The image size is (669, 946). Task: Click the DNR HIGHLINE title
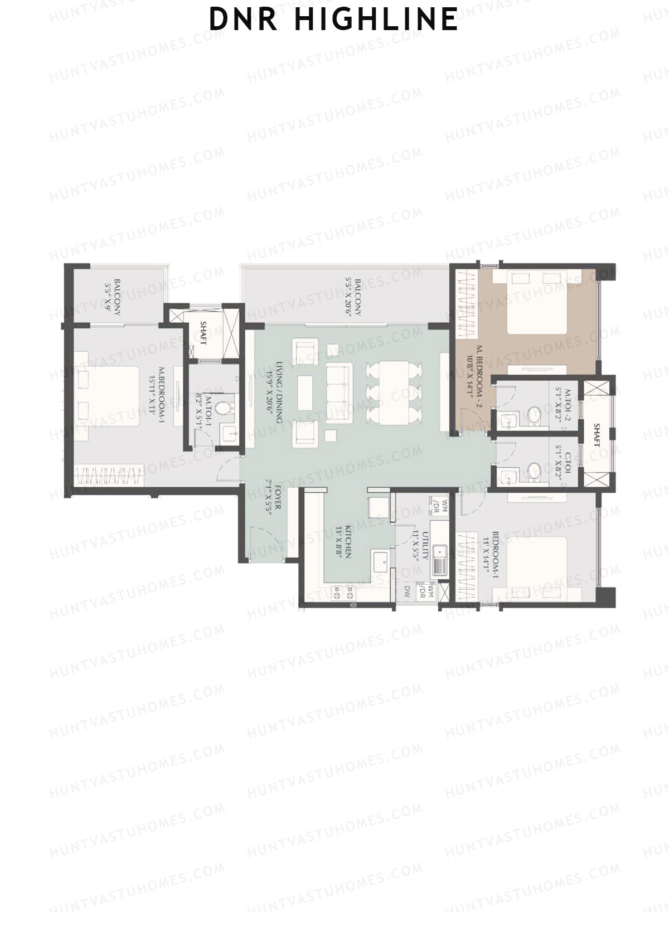pos(333,19)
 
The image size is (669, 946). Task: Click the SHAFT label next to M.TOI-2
pos(597,435)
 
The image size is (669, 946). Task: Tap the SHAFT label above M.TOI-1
pos(203,333)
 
